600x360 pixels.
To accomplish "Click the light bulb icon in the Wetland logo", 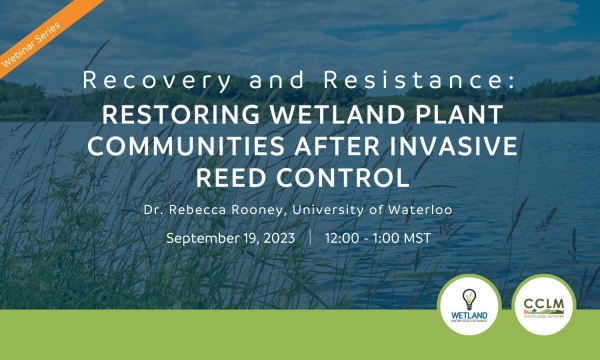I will point(469,297).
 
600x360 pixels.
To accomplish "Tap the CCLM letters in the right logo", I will point(545,302).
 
